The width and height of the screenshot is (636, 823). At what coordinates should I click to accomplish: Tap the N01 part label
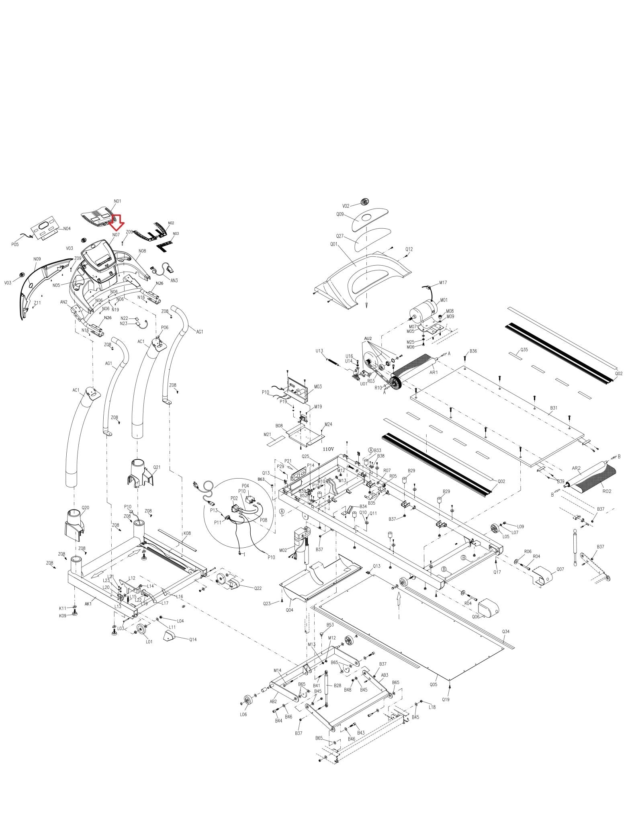pos(117,201)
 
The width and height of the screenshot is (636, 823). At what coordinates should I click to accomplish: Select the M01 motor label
pos(444,300)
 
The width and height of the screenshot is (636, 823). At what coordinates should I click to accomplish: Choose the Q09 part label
pos(340,215)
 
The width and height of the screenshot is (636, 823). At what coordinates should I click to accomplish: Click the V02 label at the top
pos(346,206)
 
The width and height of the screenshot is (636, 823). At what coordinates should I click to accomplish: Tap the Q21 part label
pos(157,467)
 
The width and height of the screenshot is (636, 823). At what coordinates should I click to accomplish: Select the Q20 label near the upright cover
pos(85,508)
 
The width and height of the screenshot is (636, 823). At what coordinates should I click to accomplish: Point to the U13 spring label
pos(319,351)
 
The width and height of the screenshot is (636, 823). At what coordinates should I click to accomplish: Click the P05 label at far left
pos(15,244)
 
